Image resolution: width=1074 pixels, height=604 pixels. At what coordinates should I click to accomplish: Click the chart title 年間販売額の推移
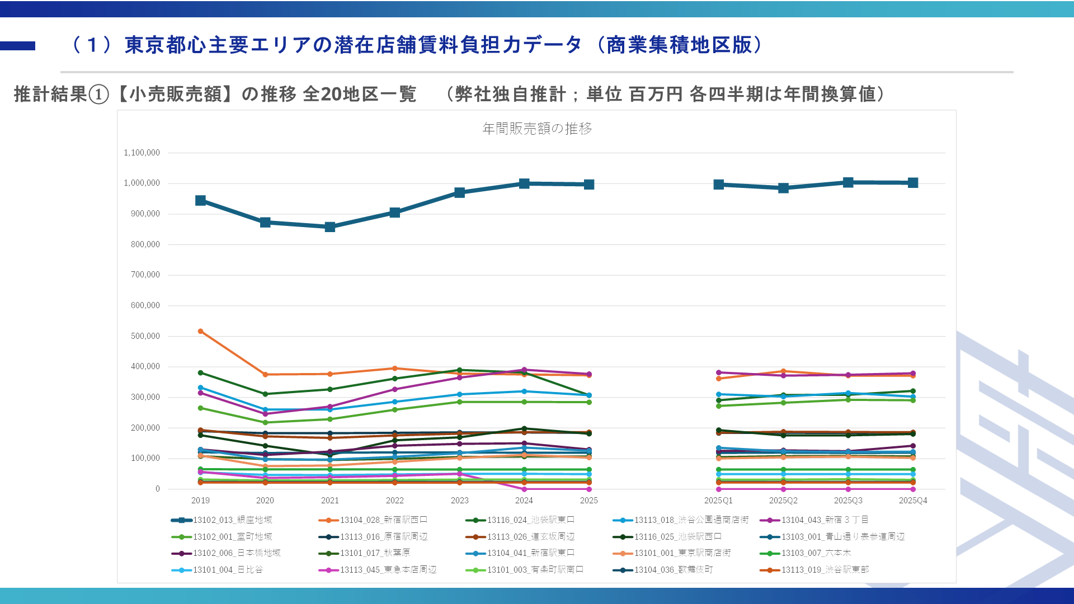[537, 129]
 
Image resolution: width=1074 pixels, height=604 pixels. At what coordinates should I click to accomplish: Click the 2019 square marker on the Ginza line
[200, 201]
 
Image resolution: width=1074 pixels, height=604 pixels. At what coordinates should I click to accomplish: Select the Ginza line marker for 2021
[330, 227]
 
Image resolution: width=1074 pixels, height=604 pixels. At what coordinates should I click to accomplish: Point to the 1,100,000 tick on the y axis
[142, 153]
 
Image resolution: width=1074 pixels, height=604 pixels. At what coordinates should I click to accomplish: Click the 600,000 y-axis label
[145, 305]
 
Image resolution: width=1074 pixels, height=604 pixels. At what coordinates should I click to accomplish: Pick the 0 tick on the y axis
[158, 489]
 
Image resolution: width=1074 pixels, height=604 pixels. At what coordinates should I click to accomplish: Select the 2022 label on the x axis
[394, 501]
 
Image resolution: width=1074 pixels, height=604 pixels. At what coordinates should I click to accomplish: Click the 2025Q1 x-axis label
[718, 501]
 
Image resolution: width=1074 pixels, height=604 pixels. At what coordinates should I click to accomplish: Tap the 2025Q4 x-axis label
[913, 501]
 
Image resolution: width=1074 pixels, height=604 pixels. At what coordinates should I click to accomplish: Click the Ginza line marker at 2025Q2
[783, 188]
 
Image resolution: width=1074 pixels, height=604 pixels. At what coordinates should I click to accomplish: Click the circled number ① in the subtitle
[99, 95]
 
